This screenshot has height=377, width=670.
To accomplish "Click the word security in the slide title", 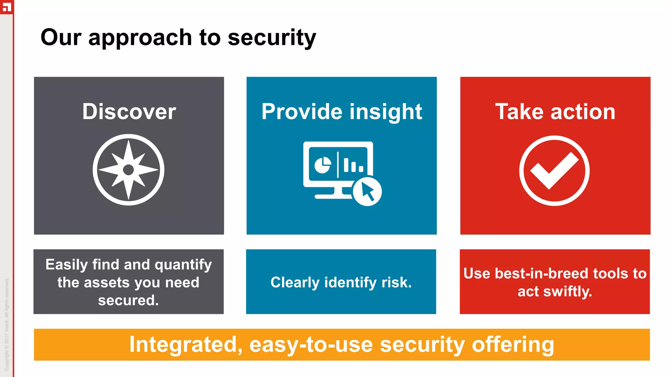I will [x=272, y=38].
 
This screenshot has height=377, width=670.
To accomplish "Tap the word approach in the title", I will [x=140, y=38].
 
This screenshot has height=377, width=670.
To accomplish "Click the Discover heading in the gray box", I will [x=129, y=112].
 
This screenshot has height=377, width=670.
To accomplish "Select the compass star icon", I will [x=129, y=170].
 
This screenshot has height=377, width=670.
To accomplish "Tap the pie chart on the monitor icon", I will [x=322, y=165].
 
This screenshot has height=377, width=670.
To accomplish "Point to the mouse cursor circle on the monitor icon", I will [x=367, y=192].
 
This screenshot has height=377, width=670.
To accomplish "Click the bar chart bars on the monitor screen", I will [x=353, y=165].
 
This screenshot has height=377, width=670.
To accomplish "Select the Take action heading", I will [x=555, y=112].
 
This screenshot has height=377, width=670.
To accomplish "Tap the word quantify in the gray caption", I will [x=183, y=265].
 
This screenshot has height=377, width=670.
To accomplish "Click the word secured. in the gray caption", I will [x=128, y=300].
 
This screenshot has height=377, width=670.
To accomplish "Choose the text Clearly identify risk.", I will [x=341, y=282].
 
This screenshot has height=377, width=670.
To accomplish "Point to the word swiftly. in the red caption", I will [x=568, y=292].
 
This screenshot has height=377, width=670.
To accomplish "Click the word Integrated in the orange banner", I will [x=185, y=345].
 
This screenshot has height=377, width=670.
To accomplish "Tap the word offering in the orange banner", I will [x=513, y=345].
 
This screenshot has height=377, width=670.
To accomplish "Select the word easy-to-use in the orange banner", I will [x=311, y=345].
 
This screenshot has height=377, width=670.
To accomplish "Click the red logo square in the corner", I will [x=6, y=7].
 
